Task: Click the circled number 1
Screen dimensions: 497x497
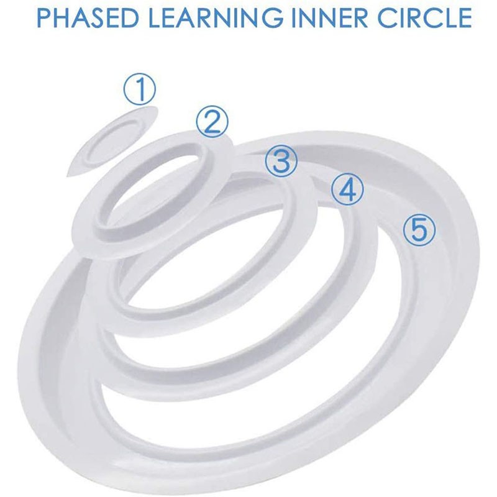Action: point(141,90)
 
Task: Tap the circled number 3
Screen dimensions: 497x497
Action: point(281,160)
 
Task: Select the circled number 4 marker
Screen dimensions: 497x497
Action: point(346,189)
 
